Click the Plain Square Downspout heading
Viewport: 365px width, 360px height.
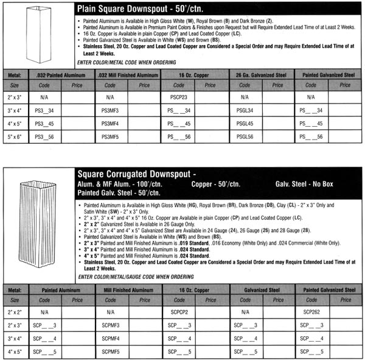(x=152, y=9)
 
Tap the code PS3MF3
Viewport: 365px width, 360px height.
(x=109, y=110)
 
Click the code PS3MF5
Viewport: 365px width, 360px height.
(x=109, y=137)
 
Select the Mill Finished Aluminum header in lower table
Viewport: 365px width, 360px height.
(x=128, y=289)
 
